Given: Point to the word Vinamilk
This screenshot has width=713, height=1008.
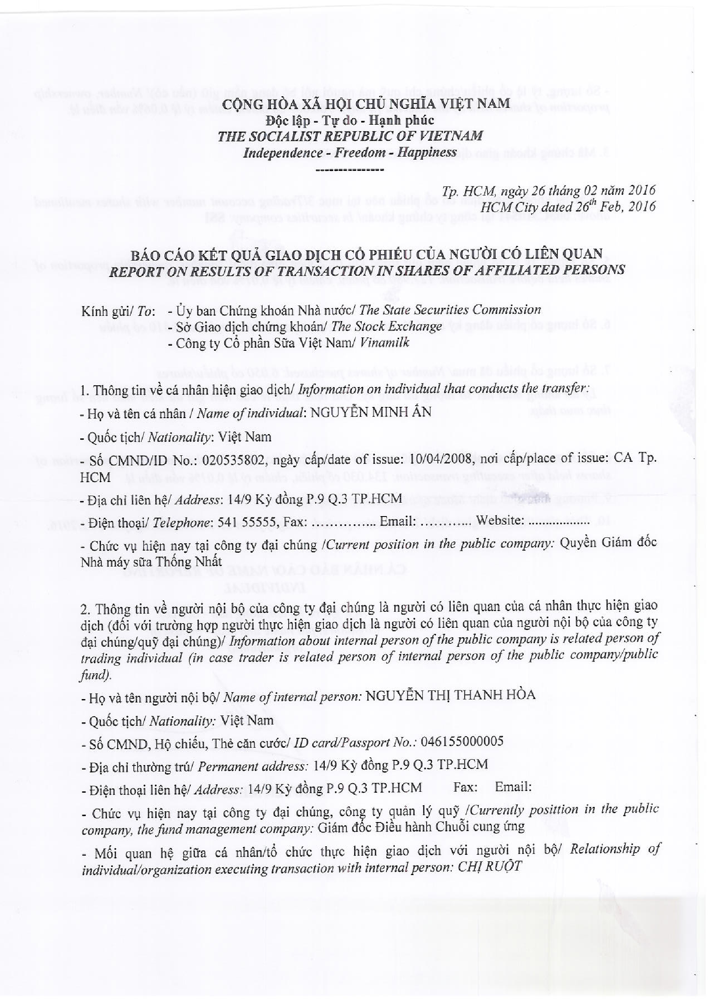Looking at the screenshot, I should coord(384,343).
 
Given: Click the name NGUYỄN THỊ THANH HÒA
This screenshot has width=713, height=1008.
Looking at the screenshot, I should coord(450,695).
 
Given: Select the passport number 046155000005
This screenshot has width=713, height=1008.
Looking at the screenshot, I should coord(462,741).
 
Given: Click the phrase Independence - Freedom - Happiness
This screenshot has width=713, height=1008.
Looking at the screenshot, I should coord(350,152).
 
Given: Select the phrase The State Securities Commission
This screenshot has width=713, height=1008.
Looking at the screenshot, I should coord(450,310).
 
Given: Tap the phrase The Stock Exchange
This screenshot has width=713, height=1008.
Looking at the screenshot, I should coord(386,326).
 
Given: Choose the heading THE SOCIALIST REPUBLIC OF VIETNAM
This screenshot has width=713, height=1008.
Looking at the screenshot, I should coord(350,136).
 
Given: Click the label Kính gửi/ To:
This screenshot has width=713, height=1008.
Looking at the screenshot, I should coord(118,311).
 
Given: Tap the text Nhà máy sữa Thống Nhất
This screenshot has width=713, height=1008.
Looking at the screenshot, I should coord(151,562).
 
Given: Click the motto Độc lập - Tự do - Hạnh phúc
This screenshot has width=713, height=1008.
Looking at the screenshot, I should coord(350,120).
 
